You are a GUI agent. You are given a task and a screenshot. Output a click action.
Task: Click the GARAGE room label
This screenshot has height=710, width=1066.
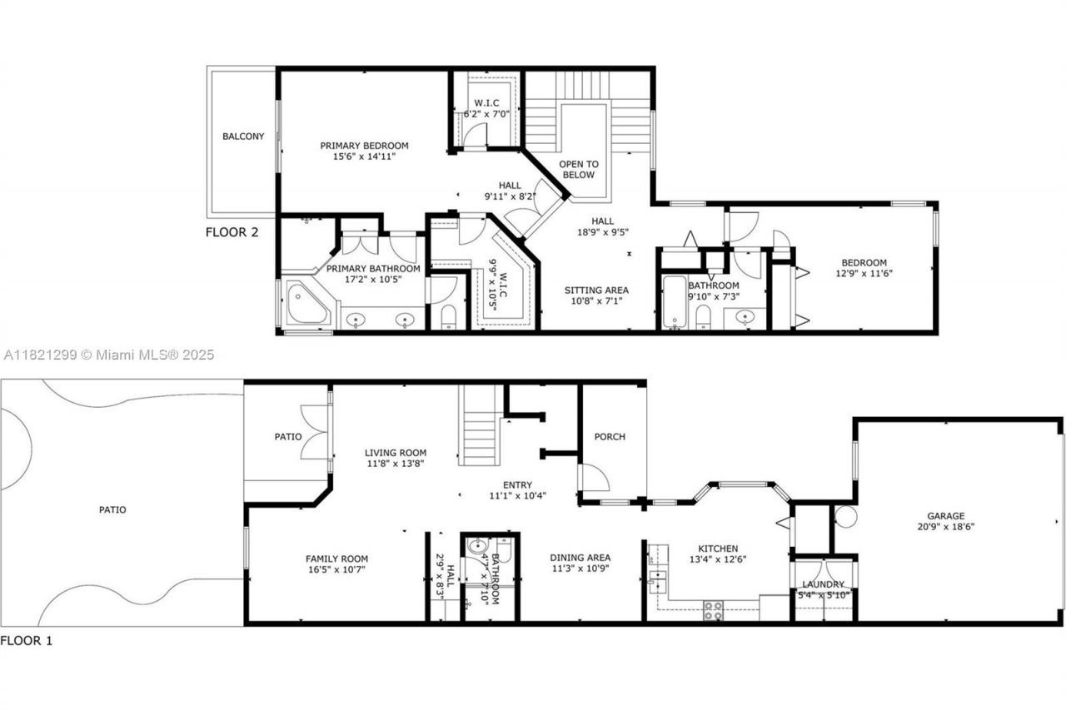945,515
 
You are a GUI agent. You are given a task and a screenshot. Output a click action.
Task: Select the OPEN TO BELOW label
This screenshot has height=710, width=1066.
577,169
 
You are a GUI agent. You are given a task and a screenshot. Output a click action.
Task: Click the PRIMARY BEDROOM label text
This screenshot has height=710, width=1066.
364,146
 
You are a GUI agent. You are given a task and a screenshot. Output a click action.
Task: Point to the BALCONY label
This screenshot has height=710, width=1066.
243,137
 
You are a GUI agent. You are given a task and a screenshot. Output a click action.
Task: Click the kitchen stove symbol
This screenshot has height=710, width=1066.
714,610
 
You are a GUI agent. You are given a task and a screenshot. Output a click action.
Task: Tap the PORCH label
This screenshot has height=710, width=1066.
610,437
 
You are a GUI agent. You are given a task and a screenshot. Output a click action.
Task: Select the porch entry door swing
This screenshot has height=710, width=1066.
594,479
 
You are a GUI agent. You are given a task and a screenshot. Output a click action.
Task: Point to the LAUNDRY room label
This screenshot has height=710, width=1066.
823,584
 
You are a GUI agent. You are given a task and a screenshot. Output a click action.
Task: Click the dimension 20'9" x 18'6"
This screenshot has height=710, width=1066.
945,527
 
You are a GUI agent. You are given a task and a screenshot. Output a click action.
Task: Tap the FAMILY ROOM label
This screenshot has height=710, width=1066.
336,559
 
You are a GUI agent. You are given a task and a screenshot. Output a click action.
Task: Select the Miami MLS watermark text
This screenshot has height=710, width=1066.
108,355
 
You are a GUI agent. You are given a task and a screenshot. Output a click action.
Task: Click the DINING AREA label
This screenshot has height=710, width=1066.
580,558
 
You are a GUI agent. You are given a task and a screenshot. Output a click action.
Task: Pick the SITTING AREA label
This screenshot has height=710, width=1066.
596,290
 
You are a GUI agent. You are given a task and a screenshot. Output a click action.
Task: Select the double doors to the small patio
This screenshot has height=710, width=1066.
316,432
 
